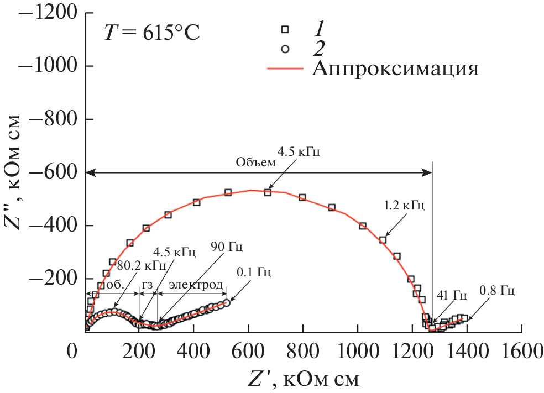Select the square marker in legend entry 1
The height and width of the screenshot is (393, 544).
point(285,29)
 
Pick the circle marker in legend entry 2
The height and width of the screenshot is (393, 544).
point(285,49)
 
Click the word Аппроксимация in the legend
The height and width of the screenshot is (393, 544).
point(395,69)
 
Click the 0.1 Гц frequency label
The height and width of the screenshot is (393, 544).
point(254,272)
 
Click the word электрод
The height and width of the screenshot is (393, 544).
point(196,285)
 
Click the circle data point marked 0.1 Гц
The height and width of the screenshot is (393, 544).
point(226,302)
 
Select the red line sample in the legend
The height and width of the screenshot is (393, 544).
point(285,69)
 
